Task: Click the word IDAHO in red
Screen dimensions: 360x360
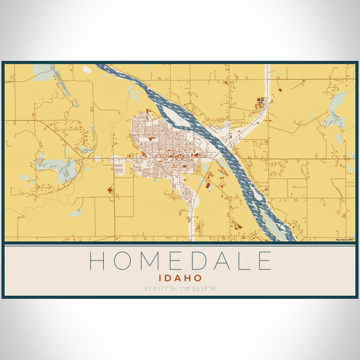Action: tap(180, 278)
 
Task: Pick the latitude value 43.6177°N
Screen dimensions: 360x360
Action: tap(162, 289)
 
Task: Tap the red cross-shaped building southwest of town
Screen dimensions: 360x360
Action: tap(110, 190)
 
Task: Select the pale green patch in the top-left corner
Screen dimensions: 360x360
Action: tap(43, 73)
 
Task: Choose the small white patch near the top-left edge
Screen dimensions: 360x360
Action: tap(88, 70)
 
